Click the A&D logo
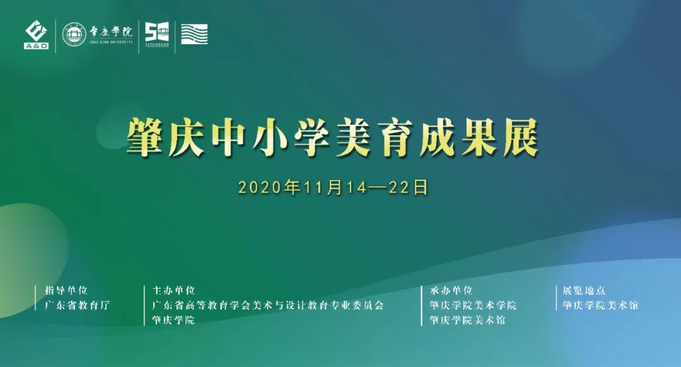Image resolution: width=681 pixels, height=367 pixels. tap(36, 35)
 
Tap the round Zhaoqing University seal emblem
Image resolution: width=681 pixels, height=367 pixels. tap(74, 34)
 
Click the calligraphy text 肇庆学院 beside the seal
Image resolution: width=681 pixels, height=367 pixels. tap(111, 32)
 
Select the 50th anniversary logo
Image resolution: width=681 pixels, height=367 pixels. tap(157, 34)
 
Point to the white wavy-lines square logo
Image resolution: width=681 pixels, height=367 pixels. tap(194, 34)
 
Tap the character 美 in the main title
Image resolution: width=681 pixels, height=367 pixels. tap(353, 138)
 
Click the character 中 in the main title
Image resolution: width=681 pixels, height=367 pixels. tap(228, 138)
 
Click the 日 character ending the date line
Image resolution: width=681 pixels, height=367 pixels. tap(420, 188)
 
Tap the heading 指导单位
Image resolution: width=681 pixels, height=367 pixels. tap(66, 290)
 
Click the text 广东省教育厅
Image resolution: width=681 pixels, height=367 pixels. tap(77, 305)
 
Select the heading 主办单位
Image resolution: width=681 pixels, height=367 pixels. tap(174, 290)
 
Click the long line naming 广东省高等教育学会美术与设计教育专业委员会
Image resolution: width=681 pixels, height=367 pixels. tap(268, 305)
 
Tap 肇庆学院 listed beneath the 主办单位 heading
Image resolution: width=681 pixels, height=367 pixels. tap(174, 320)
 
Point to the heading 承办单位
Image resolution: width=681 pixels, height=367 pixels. tap(451, 290)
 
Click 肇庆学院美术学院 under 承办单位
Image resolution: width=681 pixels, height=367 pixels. tap(474, 305)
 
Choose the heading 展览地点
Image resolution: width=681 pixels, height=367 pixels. tap(584, 290)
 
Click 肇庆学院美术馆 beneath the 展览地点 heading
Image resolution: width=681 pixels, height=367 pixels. tap(601, 305)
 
